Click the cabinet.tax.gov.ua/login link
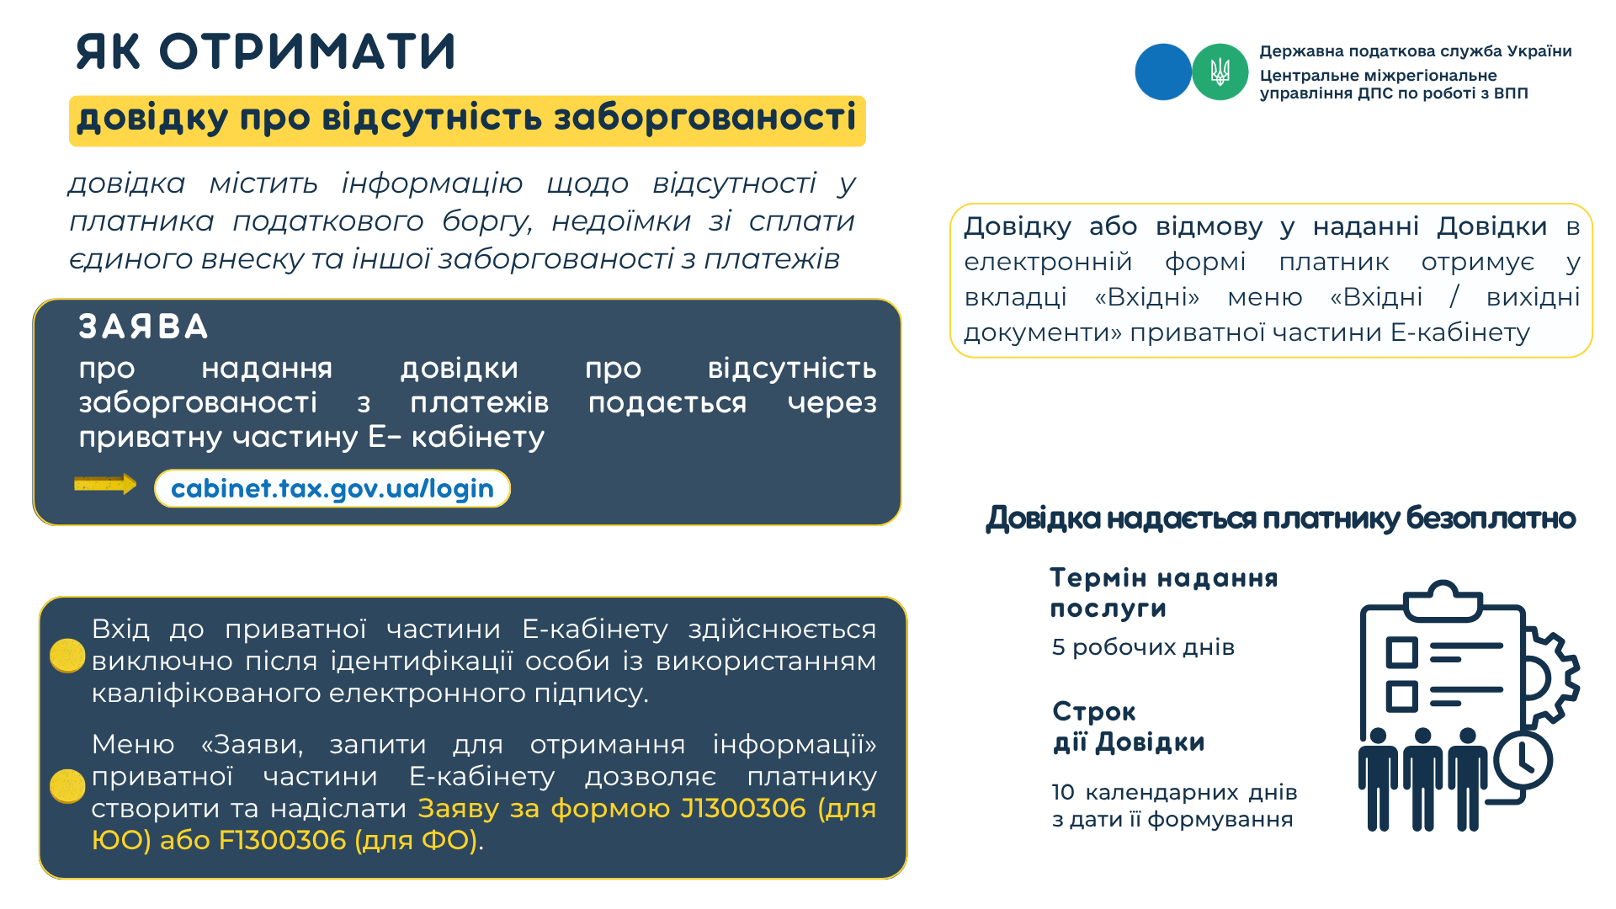point(332,488)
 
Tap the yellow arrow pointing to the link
point(105,484)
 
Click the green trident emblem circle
point(1220,72)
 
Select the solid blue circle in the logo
point(1163,72)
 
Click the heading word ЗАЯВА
point(144,327)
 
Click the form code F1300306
point(282,840)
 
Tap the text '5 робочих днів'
point(1143,647)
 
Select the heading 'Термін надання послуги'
point(1164,593)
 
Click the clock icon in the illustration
point(1523,761)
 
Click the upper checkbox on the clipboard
point(1401,651)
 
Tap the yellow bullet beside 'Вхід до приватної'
point(67,656)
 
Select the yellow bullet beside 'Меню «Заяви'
point(67,786)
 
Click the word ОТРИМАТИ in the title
point(307,51)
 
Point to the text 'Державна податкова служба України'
point(1416,51)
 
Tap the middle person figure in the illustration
point(1422,779)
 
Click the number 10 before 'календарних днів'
point(1063,792)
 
